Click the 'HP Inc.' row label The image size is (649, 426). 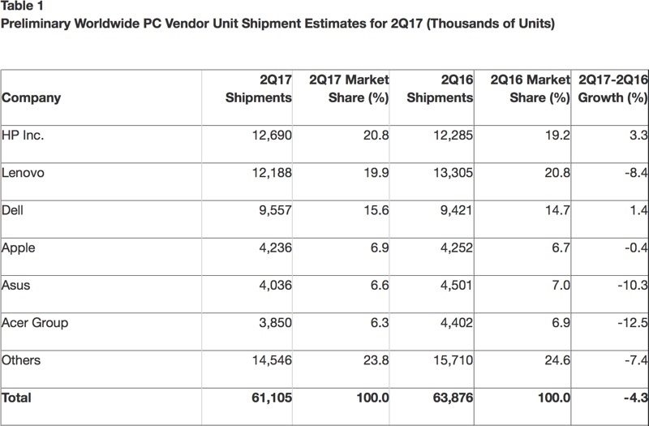click(x=24, y=136)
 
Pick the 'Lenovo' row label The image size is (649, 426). click(x=24, y=173)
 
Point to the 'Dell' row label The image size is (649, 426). click(x=15, y=210)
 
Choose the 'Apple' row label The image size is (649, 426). click(x=19, y=247)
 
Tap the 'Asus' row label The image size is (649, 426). click(x=18, y=285)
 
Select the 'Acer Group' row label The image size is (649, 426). click(x=35, y=322)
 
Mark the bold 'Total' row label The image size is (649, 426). click(x=18, y=398)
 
